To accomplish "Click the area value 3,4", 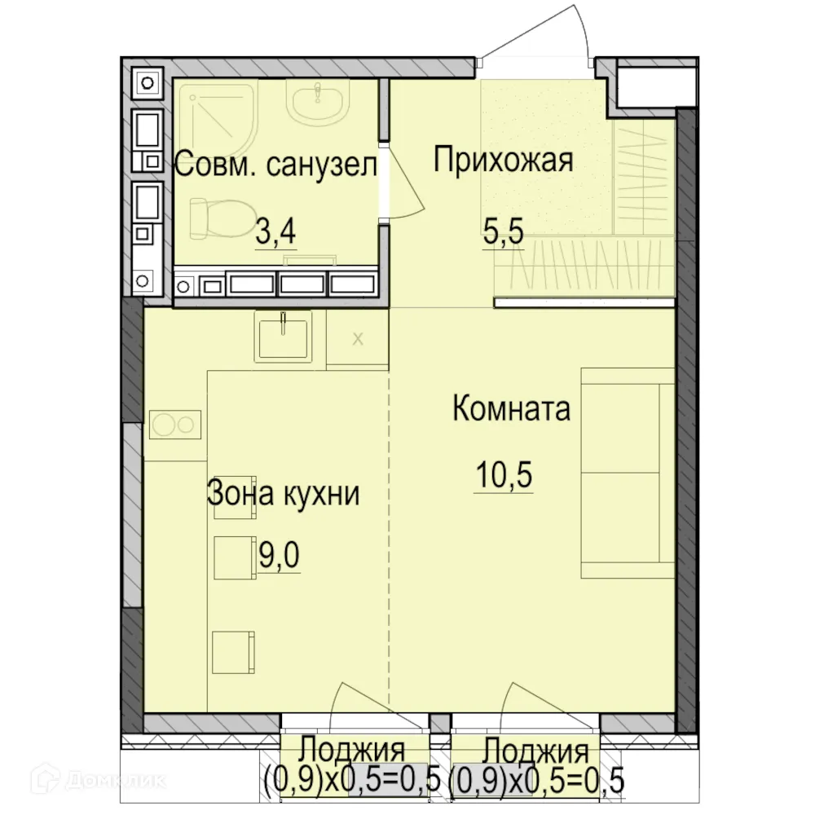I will [x=275, y=232].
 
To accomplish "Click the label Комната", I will [x=511, y=407].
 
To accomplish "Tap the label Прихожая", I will [x=503, y=160].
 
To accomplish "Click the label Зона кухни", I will [x=283, y=493].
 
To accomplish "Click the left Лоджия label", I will [x=352, y=749].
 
